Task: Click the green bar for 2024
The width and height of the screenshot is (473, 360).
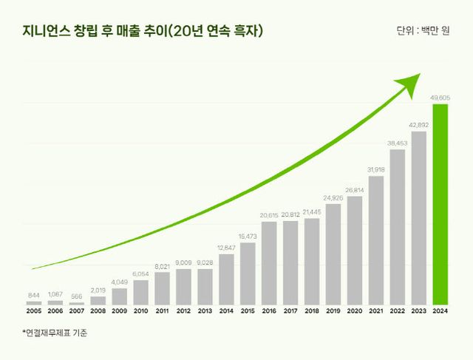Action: coord(440,205)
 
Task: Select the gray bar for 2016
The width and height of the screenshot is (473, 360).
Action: coord(269,263)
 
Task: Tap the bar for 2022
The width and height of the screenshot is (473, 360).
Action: coord(398,228)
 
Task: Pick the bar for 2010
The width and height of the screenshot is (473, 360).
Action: coord(140,293)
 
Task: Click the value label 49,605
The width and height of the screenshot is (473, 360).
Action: coord(440,98)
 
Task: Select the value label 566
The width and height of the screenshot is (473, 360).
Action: coord(77,296)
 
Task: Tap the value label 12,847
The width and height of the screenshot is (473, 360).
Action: coord(226,248)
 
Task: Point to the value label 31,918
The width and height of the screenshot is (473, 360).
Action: coord(376,170)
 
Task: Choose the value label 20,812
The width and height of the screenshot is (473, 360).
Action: coord(290,214)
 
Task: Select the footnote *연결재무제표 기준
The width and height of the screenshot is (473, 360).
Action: coord(55,333)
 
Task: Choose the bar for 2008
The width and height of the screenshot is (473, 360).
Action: coord(98,301)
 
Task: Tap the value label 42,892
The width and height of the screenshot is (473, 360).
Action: coord(419,125)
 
